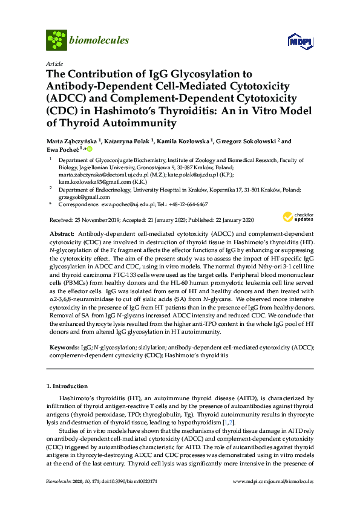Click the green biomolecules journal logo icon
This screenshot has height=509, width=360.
[x=56, y=40]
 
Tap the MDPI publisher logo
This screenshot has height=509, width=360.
[x=300, y=42]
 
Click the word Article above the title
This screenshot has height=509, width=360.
[x=53, y=63]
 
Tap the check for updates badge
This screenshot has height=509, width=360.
[x=298, y=217]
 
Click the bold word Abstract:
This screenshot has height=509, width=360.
[x=62, y=233]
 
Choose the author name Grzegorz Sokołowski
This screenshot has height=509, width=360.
[x=241, y=141]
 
